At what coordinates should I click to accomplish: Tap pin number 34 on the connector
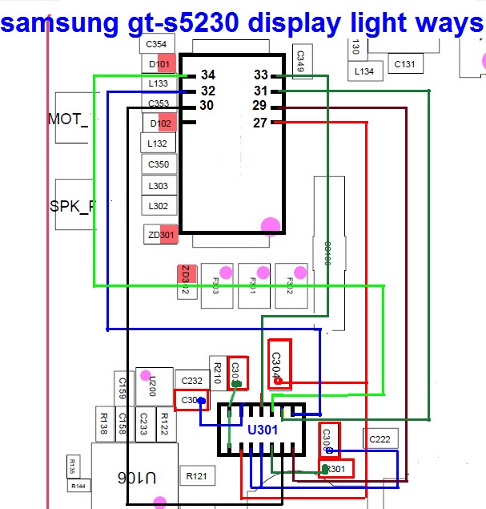point(207,75)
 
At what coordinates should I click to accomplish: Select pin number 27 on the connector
point(259,123)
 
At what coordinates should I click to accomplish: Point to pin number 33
point(260,75)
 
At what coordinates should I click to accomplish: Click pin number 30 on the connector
point(207,106)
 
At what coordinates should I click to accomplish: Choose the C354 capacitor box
point(157,45)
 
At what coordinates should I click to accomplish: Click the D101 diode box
point(159,64)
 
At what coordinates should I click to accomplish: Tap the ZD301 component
point(161,235)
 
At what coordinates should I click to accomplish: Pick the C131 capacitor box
point(404,64)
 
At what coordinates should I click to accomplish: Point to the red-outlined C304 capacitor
point(278,365)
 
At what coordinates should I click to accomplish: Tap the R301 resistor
point(336,469)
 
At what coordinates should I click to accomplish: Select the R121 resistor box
point(196,477)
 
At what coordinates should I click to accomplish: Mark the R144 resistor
point(78,486)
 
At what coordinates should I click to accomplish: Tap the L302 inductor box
point(158,205)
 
